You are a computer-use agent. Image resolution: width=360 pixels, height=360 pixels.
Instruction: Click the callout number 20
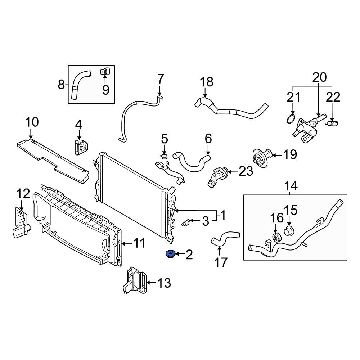[319, 77]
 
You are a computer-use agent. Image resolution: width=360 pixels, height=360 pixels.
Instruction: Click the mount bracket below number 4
[81, 147]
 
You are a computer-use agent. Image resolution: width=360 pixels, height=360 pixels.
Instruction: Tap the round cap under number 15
[289, 231]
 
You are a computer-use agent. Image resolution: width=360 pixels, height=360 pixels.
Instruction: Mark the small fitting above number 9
[105, 71]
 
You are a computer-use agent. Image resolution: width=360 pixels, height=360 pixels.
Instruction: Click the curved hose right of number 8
[78, 85]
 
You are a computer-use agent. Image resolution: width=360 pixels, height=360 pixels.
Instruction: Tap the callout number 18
[207, 82]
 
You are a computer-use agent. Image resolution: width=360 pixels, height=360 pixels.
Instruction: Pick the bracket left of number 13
[135, 281]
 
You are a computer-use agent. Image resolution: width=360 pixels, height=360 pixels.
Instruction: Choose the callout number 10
[32, 122]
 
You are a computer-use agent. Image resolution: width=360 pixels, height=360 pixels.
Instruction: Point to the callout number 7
[161, 79]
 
